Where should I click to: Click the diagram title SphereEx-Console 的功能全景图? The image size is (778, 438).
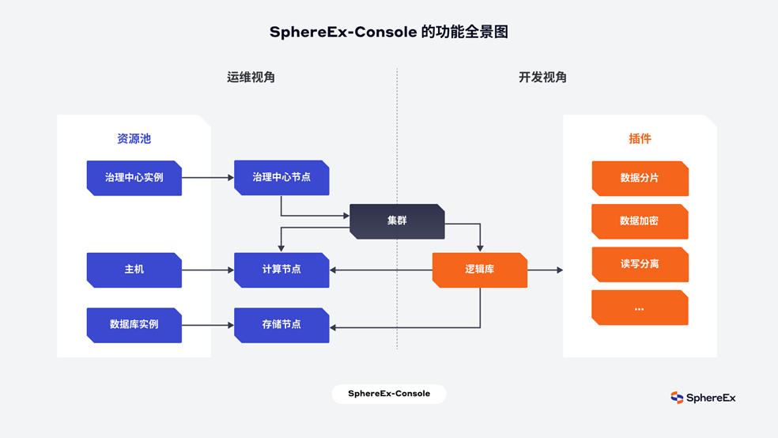388,32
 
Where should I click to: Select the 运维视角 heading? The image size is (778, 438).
251,77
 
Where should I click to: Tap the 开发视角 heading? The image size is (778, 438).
542,77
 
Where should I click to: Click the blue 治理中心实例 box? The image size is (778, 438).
134,178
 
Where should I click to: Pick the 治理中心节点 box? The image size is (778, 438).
281,178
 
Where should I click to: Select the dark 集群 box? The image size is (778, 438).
397,221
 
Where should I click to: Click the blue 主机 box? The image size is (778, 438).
134,270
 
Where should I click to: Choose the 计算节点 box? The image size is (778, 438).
281,270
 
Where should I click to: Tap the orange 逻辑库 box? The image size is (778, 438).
479,270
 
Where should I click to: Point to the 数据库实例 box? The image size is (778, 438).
134,325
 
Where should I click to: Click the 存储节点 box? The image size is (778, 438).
281,325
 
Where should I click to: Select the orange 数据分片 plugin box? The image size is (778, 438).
640,179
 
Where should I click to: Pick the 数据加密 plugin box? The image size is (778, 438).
640,221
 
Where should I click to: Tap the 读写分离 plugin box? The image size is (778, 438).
640,264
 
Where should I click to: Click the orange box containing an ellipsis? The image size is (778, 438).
640,308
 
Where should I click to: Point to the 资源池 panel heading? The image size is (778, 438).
134,139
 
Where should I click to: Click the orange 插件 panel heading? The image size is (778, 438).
640,139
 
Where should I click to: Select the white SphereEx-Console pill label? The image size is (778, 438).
388,394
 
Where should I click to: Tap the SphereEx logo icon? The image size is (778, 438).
677,398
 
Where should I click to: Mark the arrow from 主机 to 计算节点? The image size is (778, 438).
208,270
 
